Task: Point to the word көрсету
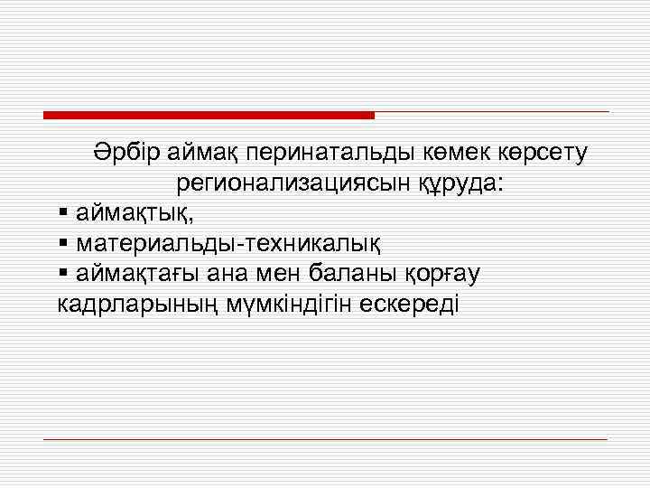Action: (x=543, y=154)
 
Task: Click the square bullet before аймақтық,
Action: (x=62, y=214)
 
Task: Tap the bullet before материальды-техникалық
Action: (x=62, y=243)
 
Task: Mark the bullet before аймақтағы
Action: (x=62, y=272)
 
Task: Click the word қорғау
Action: (x=453, y=273)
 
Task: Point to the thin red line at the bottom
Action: (x=325, y=439)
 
